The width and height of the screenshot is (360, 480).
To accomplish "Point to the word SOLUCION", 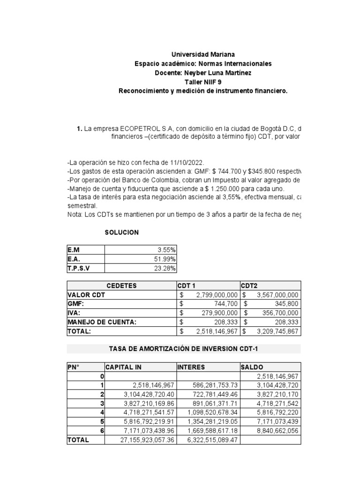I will pyautogui.click(x=121, y=232).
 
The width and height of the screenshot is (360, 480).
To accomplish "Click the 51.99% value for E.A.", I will pyautogui.click(x=167, y=259).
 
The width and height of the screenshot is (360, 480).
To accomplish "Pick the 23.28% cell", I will pyautogui.click(x=167, y=268).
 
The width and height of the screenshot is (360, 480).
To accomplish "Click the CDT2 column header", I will pyautogui.click(x=249, y=286).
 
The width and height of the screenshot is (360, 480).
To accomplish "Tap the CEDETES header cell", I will pyautogui.click(x=121, y=286).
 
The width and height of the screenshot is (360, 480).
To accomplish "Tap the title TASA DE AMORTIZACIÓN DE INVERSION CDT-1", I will pyautogui.click(x=184, y=349).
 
